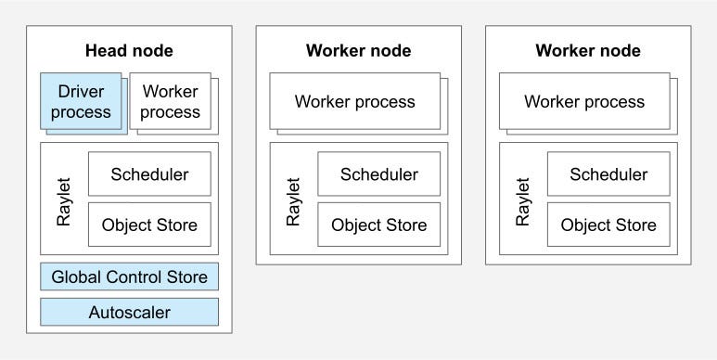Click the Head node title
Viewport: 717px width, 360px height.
point(129,50)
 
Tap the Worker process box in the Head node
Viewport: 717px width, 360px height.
point(171,101)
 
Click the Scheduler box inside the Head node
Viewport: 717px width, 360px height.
point(149,174)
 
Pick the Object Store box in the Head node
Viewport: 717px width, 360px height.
point(149,225)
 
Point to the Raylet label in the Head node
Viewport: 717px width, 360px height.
point(64,199)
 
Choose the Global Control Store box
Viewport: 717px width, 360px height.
point(129,276)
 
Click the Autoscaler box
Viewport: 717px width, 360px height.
point(129,312)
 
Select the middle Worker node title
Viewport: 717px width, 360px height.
point(358,50)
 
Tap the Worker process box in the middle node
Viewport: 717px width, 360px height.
point(355,101)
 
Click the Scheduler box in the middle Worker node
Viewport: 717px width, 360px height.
point(378,174)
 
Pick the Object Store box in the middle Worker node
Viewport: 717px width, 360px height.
point(378,225)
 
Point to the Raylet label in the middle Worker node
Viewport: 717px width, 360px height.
point(293,199)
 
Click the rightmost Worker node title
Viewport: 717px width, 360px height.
point(587,50)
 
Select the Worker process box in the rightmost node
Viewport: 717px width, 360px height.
point(584,101)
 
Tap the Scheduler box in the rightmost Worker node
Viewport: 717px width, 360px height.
point(608,174)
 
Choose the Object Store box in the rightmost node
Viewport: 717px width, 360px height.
point(608,225)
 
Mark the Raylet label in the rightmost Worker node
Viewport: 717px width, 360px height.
point(523,199)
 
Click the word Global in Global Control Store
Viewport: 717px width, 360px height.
point(77,276)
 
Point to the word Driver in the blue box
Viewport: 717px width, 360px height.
point(81,92)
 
